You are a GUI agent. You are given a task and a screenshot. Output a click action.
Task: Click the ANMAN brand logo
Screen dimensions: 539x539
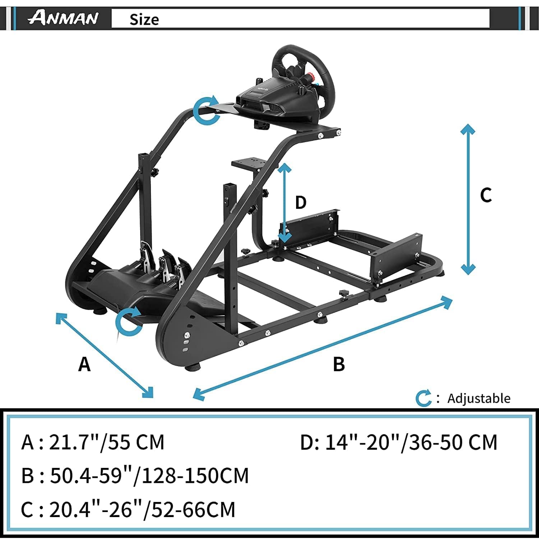click(x=63, y=18)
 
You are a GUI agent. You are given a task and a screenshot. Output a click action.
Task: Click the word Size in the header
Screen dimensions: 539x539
click(x=144, y=19)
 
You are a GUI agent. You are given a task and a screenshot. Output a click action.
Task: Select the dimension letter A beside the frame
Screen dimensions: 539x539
click(x=84, y=364)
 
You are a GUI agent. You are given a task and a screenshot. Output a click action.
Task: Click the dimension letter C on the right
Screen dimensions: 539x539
click(x=486, y=195)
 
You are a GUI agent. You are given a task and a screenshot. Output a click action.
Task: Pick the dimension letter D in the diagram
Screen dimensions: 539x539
click(x=300, y=202)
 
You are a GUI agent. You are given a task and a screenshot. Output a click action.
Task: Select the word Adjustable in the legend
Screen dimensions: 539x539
click(x=479, y=398)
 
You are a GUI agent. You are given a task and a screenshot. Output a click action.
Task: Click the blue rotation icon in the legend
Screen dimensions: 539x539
click(x=423, y=398)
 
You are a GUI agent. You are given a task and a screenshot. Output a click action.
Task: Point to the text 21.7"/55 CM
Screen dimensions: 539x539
click(x=106, y=442)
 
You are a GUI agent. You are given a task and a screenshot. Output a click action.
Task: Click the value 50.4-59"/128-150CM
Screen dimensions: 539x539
click(x=149, y=475)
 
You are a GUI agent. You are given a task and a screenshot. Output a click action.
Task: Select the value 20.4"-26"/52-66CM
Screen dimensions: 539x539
click(x=142, y=509)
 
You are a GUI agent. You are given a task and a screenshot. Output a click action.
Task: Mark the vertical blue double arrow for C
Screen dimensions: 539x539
click(x=468, y=199)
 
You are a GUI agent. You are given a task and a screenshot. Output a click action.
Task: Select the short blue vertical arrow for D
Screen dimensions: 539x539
click(x=285, y=203)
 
